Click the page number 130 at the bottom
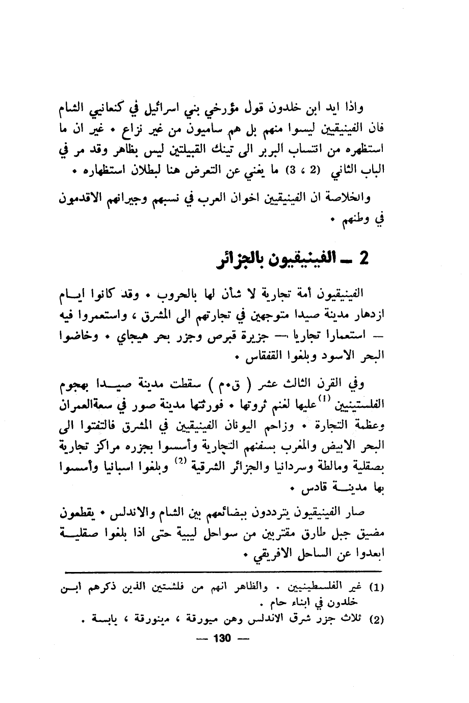[x=223, y=639]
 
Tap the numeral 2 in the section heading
[x=363, y=259]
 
